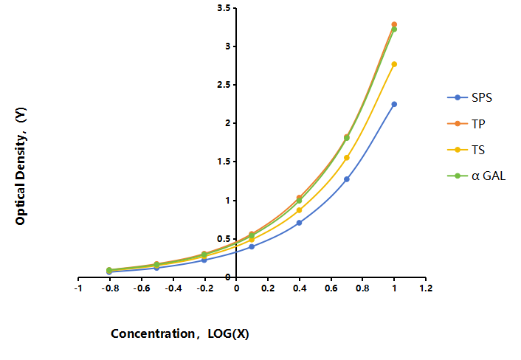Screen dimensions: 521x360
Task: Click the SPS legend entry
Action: [470, 97]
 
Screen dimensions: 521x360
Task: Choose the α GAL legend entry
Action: [477, 176]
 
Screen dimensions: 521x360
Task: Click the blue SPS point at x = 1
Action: [394, 104]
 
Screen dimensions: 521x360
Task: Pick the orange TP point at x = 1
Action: [394, 24]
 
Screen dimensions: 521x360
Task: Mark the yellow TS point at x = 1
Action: [394, 64]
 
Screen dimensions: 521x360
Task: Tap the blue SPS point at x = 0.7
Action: [347, 179]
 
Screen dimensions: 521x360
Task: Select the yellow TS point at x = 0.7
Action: [347, 158]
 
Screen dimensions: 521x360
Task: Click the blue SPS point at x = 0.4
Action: [299, 223]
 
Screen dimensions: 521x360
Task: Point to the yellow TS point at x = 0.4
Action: [299, 210]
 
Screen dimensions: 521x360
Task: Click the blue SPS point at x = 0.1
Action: [252, 246]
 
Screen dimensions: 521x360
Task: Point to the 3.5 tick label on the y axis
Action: [224, 8]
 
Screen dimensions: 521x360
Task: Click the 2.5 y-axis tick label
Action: [224, 85]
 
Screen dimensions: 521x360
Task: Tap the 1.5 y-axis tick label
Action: [224, 162]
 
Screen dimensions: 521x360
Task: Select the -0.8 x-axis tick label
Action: [110, 288]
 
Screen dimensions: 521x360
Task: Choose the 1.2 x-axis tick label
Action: [426, 288]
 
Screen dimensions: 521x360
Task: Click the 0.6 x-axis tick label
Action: [331, 288]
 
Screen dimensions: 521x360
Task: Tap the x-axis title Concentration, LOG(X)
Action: [180, 333]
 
